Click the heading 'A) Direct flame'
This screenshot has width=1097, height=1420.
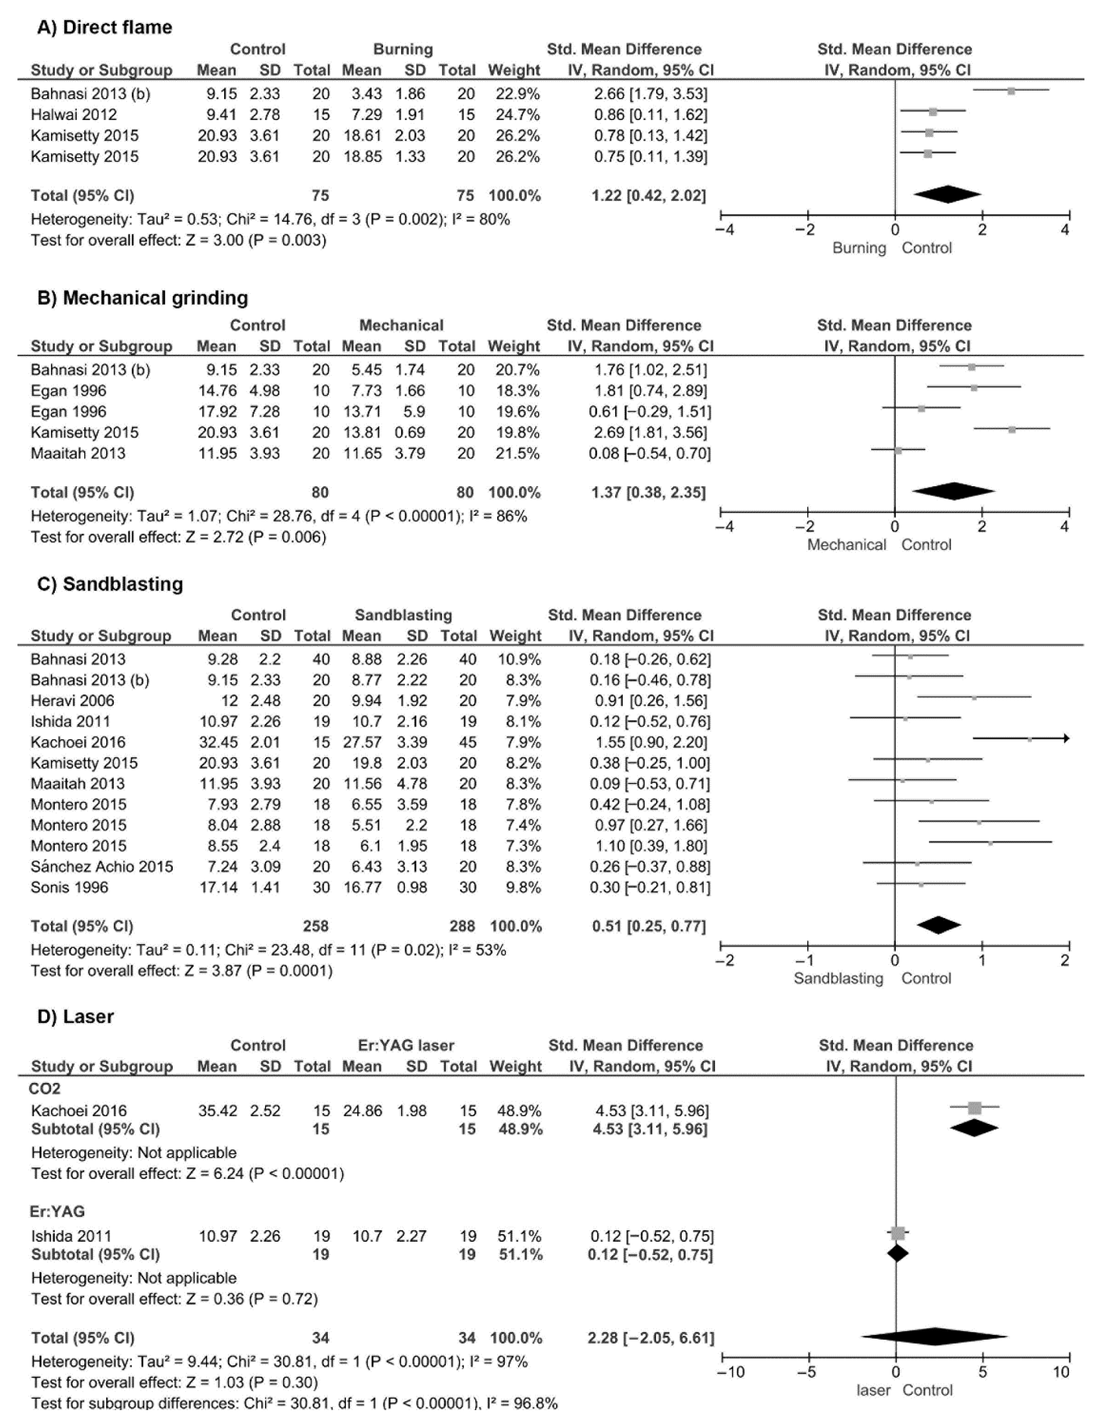(104, 27)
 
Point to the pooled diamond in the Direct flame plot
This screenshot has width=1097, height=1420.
(947, 194)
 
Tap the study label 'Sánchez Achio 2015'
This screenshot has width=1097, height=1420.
(102, 867)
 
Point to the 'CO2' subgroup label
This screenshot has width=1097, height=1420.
(45, 1089)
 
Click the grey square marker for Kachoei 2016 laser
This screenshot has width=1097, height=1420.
(974, 1108)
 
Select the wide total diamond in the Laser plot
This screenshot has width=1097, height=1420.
(934, 1337)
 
